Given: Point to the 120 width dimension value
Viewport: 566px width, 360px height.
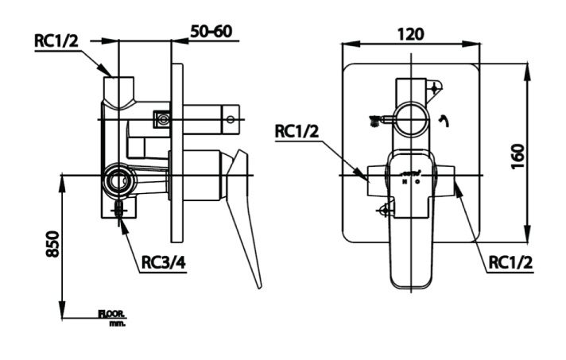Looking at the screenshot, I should pyautogui.click(x=410, y=33).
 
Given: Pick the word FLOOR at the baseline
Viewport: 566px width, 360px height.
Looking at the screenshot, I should pyautogui.click(x=112, y=314).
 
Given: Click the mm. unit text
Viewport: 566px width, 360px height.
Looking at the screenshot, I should pyautogui.click(x=117, y=323).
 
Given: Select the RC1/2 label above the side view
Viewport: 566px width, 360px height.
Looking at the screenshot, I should pyautogui.click(x=56, y=41).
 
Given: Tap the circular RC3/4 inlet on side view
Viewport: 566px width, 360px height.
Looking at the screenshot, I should pyautogui.click(x=119, y=180).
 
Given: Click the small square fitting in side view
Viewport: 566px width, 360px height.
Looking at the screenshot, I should pyautogui.click(x=163, y=119).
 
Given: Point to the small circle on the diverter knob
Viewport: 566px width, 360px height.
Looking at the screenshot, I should pyautogui.click(x=230, y=120).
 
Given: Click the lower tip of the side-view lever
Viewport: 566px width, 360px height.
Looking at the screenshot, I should pyautogui.click(x=258, y=286).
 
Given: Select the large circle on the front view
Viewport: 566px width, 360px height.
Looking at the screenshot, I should pyautogui.click(x=412, y=119).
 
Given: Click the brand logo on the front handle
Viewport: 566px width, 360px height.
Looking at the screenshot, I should pyautogui.click(x=411, y=172).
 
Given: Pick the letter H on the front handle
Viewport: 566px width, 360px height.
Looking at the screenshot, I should pyautogui.click(x=405, y=182).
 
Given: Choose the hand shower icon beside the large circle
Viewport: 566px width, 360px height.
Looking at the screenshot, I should pyautogui.click(x=376, y=120).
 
